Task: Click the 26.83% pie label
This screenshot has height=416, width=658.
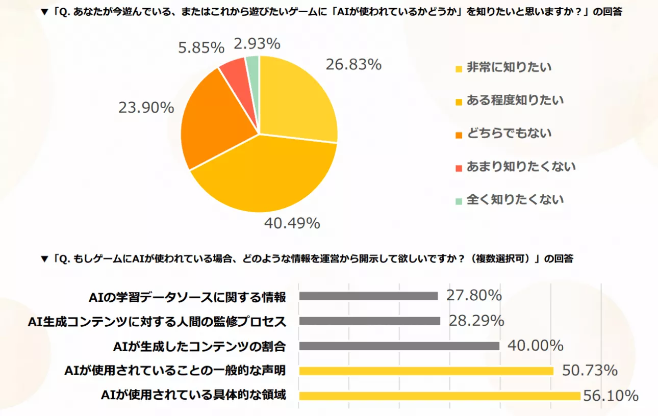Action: tap(353, 65)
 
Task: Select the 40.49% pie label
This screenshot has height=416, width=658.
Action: tap(292, 223)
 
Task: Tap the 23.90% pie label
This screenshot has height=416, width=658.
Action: tap(146, 108)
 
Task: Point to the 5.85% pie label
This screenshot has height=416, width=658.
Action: tap(201, 48)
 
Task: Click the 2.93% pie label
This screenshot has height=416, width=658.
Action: tap(257, 44)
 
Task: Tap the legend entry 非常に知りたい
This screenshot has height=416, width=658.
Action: tap(509, 67)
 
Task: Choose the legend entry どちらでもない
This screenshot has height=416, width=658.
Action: tap(509, 134)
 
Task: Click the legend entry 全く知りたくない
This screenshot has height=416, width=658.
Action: tap(515, 199)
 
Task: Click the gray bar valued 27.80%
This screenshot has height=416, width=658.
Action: tap(368, 296)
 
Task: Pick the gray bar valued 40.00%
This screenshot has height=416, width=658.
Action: tap(399, 346)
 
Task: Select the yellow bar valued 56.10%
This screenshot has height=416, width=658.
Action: tap(439, 396)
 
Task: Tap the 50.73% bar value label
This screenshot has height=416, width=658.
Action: tap(590, 370)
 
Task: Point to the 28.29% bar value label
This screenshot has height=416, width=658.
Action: tap(476, 321)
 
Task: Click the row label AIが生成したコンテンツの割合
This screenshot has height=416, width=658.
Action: tap(199, 346)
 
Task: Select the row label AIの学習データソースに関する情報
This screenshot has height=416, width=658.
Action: tap(187, 296)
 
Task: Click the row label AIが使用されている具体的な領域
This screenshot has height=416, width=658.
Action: tap(193, 396)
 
